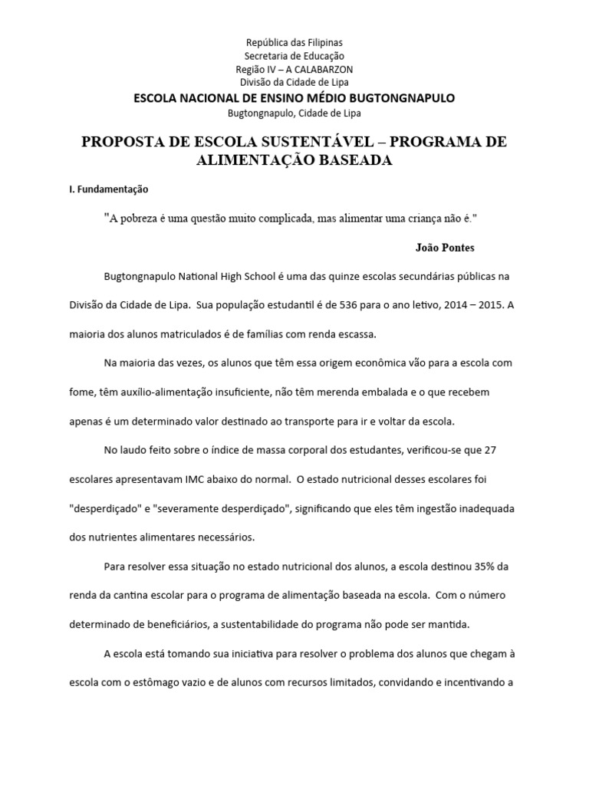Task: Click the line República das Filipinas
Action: pos(294,42)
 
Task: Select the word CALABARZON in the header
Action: pos(323,69)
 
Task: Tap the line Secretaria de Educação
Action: pos(294,56)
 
